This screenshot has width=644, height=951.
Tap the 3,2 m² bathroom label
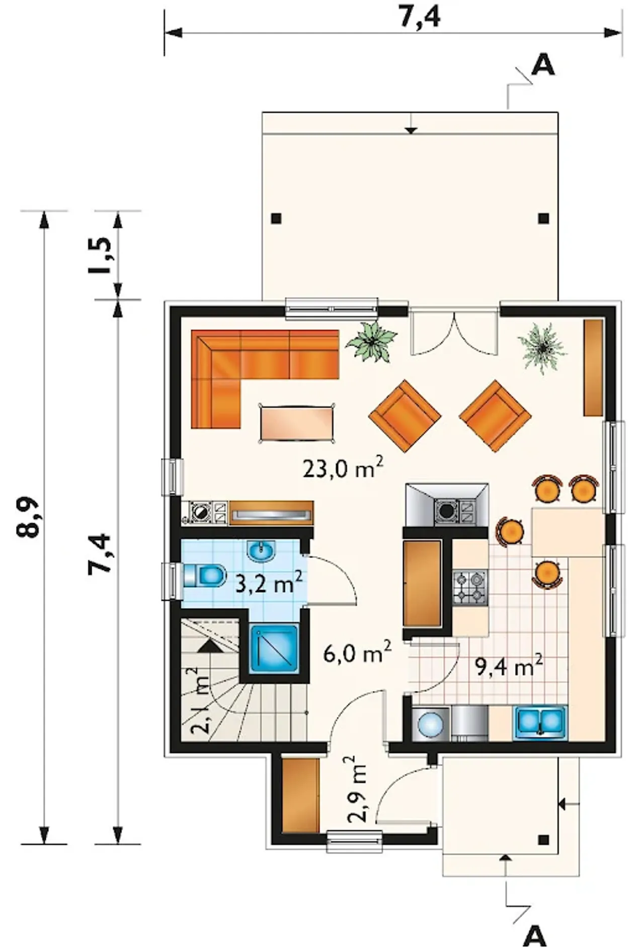[269, 583]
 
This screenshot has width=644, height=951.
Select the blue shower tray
[274, 649]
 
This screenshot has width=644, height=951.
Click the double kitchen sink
[540, 722]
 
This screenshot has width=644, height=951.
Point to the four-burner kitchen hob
[470, 587]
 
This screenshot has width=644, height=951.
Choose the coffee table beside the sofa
[297, 423]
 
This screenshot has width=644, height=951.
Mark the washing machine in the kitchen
[431, 724]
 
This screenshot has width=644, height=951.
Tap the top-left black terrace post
[276, 218]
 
